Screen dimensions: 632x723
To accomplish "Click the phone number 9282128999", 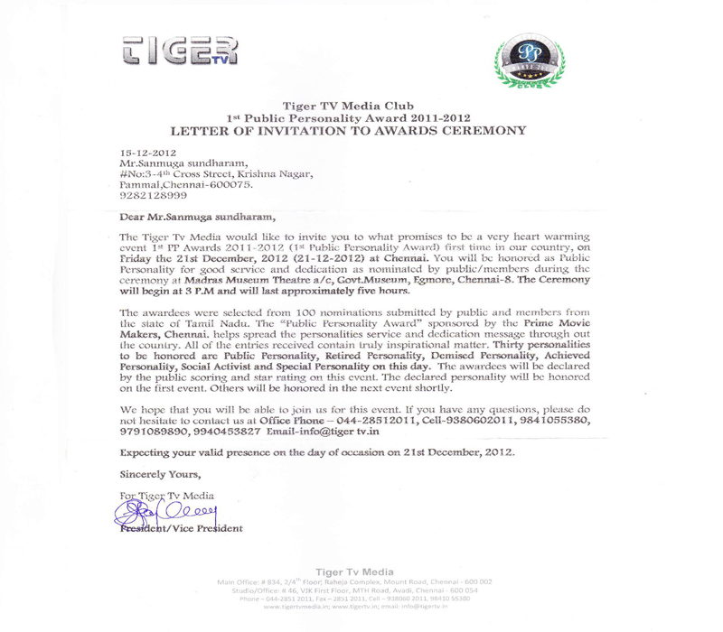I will (154, 195).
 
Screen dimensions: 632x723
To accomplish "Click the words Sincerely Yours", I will (160, 474).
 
